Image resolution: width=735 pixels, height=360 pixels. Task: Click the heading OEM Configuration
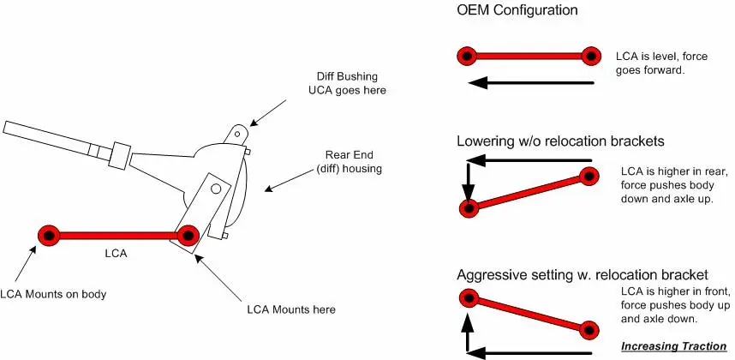517,9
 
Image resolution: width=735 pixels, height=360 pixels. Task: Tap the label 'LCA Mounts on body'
53,294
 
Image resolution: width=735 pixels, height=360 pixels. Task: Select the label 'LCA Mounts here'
291,309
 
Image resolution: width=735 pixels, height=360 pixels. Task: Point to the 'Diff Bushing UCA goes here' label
347,83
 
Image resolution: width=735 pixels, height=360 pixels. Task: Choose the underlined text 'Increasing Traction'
673,346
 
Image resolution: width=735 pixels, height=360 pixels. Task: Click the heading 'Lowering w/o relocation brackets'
560,141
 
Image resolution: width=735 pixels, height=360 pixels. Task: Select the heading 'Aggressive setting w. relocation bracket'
583,274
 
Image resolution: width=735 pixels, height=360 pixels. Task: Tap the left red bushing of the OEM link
467,57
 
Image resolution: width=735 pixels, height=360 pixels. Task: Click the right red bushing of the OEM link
591,57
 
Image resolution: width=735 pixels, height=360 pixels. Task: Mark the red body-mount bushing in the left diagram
49,235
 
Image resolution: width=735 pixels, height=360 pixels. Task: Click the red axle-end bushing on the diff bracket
188,236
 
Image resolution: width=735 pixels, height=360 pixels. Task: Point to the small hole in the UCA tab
237,134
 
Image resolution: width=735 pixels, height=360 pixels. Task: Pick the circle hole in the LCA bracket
216,189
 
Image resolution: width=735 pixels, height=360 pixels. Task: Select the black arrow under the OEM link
531,83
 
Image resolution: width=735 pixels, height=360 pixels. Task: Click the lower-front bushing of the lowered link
469,207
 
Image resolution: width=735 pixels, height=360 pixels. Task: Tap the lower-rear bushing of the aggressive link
589,330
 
